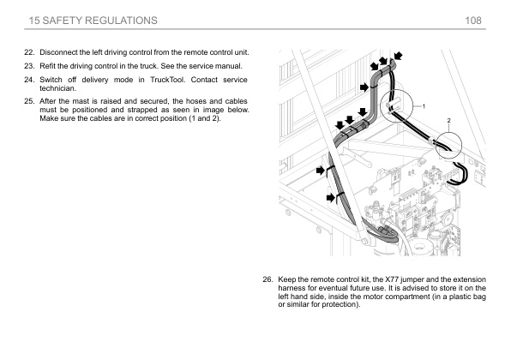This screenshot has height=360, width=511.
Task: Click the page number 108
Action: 473,21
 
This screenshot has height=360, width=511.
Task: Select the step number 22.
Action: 29,52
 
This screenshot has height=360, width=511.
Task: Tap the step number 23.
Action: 29,66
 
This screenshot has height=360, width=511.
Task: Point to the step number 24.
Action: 29,80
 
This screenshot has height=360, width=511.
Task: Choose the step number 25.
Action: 29,101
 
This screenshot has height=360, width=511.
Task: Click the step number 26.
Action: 268,279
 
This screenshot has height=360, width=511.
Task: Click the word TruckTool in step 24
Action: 167,80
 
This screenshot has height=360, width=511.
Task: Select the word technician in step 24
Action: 57,88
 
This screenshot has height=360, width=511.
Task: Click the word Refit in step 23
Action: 47,66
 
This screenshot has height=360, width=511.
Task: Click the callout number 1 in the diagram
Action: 424,106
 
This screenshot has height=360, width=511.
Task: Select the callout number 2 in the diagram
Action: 448,121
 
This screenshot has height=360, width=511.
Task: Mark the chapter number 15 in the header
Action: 34,21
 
